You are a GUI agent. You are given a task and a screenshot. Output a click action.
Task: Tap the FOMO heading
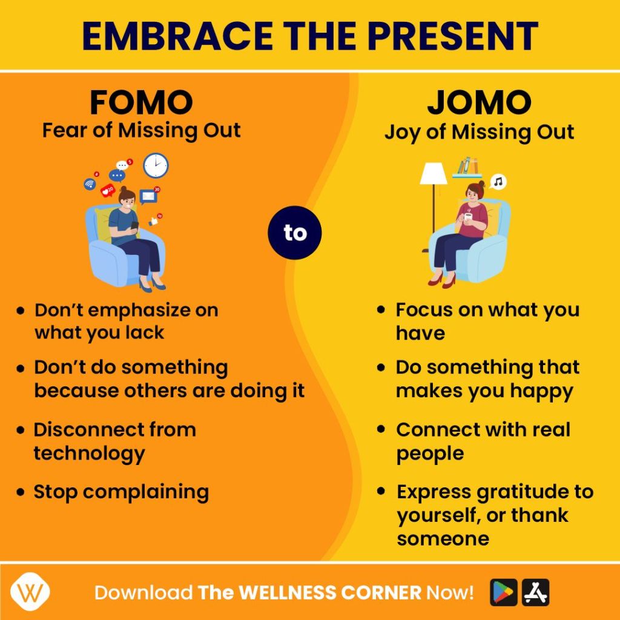(141, 102)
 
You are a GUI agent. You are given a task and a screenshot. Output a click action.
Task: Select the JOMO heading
(480, 102)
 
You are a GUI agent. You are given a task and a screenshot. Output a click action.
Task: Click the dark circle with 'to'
(295, 232)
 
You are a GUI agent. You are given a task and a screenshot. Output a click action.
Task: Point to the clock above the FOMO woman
(156, 165)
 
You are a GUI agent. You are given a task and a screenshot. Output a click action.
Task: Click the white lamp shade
(434, 173)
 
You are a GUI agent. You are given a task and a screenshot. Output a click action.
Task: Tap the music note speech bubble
(498, 182)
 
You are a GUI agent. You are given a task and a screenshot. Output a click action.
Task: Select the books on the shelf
(467, 166)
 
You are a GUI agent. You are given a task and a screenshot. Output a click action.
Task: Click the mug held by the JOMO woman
(468, 218)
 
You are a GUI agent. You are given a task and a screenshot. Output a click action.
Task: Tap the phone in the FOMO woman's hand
(134, 226)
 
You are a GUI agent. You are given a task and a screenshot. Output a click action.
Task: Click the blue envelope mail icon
(148, 196)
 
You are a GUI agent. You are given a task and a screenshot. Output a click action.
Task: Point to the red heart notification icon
(107, 191)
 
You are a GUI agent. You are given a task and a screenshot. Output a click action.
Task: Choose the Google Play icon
(503, 592)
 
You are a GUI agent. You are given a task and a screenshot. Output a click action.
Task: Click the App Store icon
(536, 592)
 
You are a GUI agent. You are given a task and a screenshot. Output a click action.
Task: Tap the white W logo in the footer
(30, 592)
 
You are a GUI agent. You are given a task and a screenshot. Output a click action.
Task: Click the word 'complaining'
(146, 493)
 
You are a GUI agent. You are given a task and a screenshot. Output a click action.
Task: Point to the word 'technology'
(90, 454)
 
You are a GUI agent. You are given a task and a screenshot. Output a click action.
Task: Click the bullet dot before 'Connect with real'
(381, 429)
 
